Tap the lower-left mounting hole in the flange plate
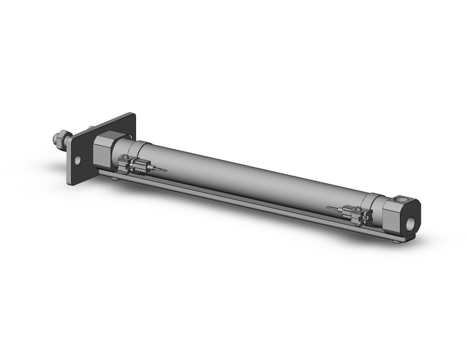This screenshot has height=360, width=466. point(77,161)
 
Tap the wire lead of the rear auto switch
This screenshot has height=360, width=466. point(334,209)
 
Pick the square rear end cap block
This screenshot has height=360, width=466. point(402,216)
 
